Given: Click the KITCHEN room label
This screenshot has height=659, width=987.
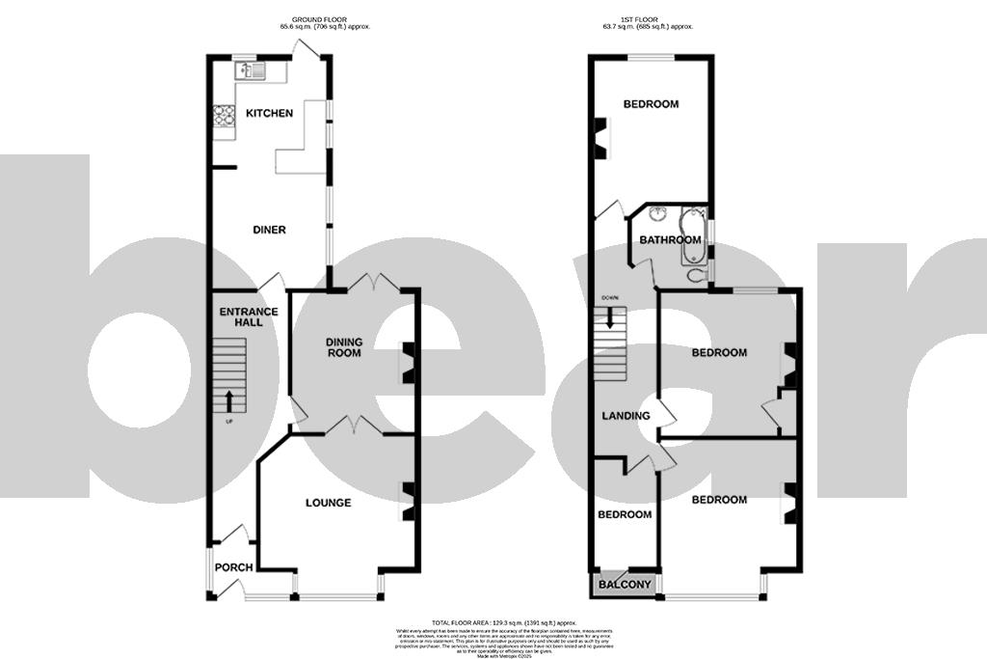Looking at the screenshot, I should click(x=269, y=114).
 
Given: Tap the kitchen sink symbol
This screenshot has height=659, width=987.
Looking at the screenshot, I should click(x=252, y=70).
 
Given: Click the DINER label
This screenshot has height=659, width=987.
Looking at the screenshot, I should click(x=269, y=230).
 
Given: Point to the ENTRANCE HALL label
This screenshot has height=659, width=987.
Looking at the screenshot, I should click(x=249, y=316).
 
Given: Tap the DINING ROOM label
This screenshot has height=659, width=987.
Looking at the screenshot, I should click(x=343, y=347).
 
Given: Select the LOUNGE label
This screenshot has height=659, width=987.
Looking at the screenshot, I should click(x=328, y=503).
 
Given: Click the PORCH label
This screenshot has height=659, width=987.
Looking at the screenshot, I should click(x=232, y=567).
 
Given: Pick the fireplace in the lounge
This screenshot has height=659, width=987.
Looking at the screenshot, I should click(x=408, y=502).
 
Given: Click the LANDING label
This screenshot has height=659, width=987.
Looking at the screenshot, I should click(x=626, y=416).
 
